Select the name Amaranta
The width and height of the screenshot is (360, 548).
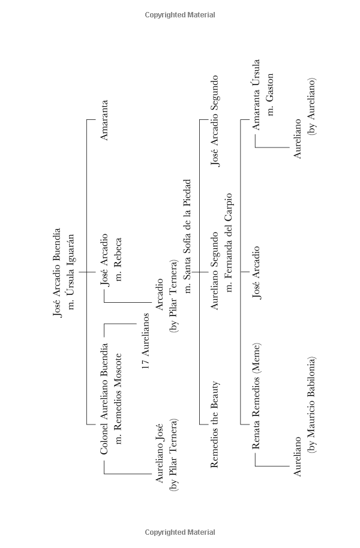tap(104, 120)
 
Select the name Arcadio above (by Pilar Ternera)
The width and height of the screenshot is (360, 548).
tap(160, 294)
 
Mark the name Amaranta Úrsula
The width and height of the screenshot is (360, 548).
tap(257, 95)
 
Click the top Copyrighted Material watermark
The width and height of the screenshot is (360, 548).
tap(180, 15)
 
